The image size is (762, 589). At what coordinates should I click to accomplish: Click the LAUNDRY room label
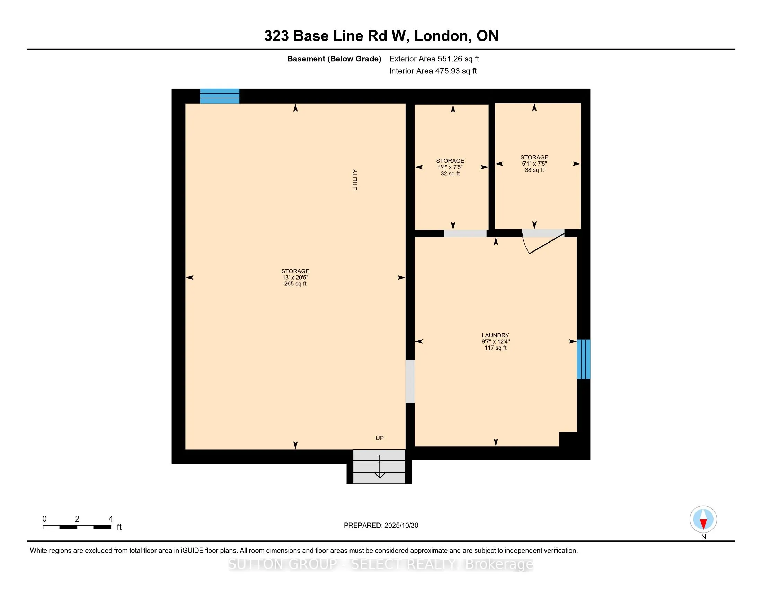pyautogui.click(x=495, y=335)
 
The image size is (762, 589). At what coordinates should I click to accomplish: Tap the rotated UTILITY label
pyautogui.click(x=355, y=180)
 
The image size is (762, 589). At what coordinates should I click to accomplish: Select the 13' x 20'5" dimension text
pyautogui.click(x=295, y=278)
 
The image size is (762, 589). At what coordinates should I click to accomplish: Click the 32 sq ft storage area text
pyautogui.click(x=450, y=174)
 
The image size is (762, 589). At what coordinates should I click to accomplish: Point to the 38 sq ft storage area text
pyautogui.click(x=534, y=170)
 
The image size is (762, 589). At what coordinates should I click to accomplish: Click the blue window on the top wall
pyautogui.click(x=220, y=96)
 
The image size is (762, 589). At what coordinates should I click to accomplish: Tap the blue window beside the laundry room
pyautogui.click(x=583, y=359)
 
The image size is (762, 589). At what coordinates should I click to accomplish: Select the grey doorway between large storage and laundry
pyautogui.click(x=410, y=381)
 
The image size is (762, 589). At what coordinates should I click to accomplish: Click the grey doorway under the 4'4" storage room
pyautogui.click(x=465, y=234)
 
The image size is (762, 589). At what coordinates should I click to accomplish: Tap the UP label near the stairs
pyautogui.click(x=380, y=438)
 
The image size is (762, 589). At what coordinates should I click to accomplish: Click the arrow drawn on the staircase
pyautogui.click(x=380, y=468)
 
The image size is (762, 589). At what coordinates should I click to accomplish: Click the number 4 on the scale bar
pyautogui.click(x=110, y=519)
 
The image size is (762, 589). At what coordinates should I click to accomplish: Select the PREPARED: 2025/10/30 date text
pyautogui.click(x=381, y=526)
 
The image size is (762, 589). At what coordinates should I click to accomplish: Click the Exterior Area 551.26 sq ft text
pyautogui.click(x=434, y=59)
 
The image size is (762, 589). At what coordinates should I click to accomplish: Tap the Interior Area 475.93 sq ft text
pyautogui.click(x=433, y=71)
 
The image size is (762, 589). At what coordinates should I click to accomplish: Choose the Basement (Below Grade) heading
pyautogui.click(x=334, y=59)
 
